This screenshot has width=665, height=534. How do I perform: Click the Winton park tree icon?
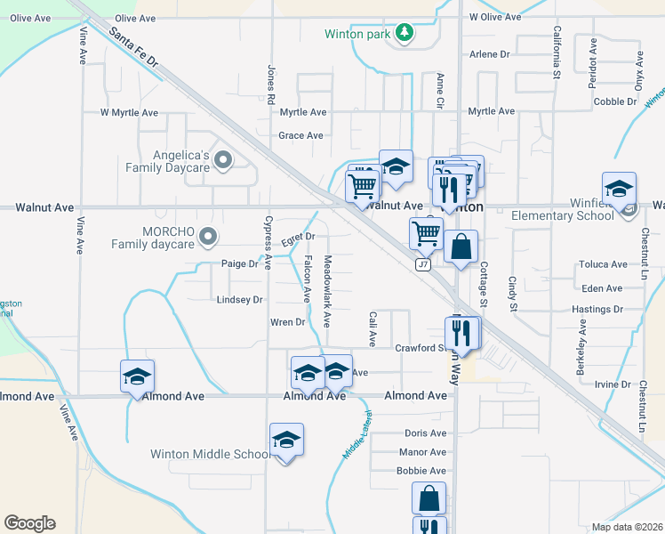405,33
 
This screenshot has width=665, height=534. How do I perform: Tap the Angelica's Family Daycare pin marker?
222,161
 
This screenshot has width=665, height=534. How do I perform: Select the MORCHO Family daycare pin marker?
208,236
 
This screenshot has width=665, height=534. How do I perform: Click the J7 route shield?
423,264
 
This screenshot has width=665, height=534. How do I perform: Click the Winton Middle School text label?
210,454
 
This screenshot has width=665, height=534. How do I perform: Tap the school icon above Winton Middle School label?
286,440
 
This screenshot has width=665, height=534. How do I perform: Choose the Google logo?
29,523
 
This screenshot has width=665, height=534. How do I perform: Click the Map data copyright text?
628,527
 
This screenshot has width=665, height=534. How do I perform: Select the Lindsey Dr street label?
240,300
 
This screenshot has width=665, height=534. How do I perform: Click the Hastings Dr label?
597,309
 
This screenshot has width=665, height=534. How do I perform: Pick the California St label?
557,53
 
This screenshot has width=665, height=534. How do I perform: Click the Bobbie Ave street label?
421,471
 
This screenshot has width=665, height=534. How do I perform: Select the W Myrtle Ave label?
129,113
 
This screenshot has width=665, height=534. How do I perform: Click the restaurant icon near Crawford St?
462,333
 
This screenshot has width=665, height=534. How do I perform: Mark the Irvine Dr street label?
613,384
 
